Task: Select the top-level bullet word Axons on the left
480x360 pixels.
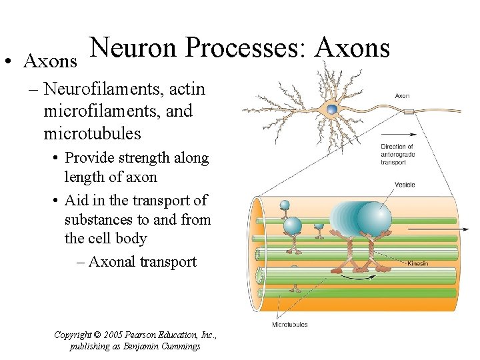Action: [50, 61]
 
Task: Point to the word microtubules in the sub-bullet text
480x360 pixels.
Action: [93, 133]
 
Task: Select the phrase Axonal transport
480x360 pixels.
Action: [142, 261]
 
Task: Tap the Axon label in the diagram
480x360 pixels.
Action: [402, 96]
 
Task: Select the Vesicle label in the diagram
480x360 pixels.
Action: [405, 185]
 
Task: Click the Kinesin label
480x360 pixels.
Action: [417, 263]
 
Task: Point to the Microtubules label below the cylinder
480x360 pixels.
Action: [289, 325]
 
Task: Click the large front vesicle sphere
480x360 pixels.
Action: [373, 218]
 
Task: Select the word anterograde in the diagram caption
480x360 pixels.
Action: [397, 153]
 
